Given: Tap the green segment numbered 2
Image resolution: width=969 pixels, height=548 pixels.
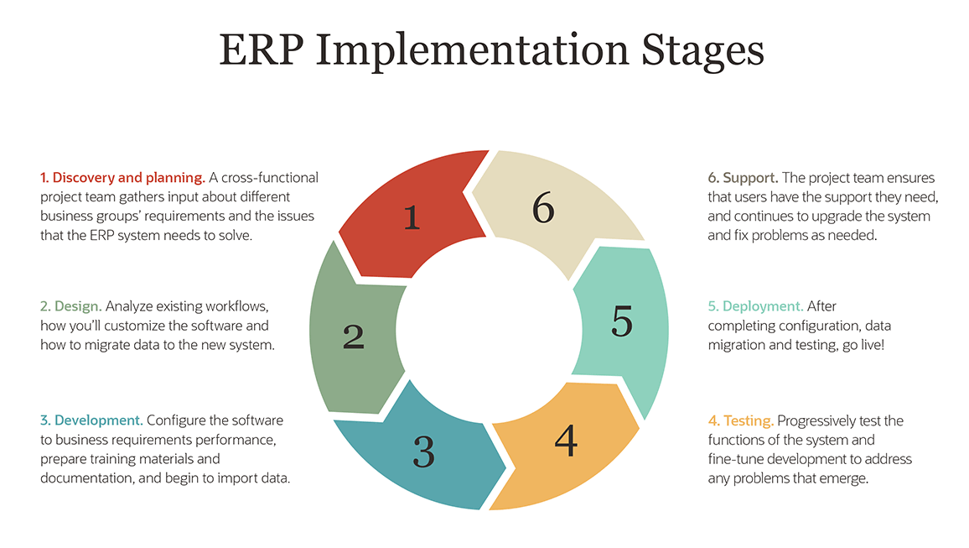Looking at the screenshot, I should tap(352, 336).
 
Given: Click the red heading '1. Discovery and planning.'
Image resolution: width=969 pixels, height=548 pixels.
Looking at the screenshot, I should tap(122, 178).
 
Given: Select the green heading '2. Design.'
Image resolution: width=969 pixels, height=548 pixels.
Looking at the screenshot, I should tap(71, 306).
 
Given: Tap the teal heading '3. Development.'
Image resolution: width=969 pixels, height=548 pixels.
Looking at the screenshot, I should tap(92, 420).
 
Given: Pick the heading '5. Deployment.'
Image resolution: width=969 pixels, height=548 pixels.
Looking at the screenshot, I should tap(755, 306).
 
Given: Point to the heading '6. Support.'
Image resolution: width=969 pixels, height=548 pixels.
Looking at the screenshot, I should tap(744, 178).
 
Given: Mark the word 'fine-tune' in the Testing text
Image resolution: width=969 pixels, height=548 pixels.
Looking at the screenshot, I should tap(735, 459).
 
